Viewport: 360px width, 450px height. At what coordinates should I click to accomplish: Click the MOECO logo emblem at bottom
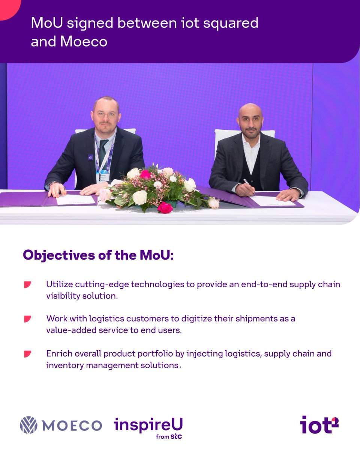pos(28,425)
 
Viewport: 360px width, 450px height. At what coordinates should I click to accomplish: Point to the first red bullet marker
pos(27,285)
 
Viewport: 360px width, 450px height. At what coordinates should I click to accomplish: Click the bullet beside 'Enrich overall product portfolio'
pos(27,354)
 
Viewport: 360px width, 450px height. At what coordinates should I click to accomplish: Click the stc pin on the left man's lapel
pos(90,157)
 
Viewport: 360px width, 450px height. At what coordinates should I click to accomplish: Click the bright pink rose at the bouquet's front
pos(165,207)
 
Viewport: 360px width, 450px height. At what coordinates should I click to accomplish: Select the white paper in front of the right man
pos(272,201)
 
